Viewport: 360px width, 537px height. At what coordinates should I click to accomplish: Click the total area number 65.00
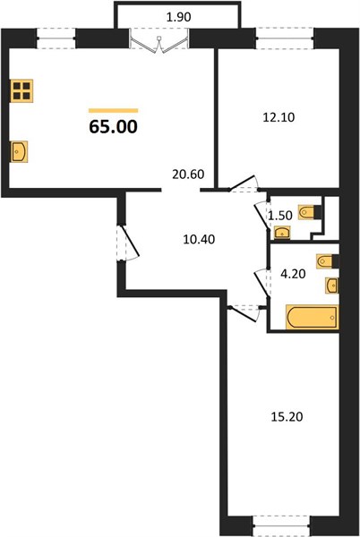coord(114,126)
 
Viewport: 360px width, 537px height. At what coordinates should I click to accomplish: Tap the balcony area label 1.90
coord(178,17)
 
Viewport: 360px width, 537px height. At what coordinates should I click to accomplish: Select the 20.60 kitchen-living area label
coord(188,175)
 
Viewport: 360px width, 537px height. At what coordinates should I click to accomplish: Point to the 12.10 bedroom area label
coord(279,117)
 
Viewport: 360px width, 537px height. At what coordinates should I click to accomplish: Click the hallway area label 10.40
coord(199,239)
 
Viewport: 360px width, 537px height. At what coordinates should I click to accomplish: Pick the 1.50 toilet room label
coord(280,216)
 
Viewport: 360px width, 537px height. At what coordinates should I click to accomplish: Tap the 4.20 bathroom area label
coord(293,274)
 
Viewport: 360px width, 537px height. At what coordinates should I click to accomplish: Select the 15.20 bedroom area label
coord(287,417)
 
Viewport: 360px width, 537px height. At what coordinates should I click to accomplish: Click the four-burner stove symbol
coord(21,90)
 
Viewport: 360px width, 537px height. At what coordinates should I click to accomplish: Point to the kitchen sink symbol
coord(19,151)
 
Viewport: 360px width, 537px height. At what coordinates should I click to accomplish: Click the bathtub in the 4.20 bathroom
coord(312,317)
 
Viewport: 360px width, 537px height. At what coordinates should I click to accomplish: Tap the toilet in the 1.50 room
coord(310,212)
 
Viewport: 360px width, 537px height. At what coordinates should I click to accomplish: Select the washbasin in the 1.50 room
coord(282,233)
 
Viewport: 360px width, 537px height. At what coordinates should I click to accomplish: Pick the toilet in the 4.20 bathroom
coord(328,261)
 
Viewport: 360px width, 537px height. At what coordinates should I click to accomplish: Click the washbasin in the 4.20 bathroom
coord(332,285)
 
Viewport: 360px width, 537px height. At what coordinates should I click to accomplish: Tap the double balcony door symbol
coord(159,42)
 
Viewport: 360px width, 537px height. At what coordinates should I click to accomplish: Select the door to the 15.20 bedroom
coord(244,313)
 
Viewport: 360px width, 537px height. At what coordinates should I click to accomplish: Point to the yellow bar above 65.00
coord(114,111)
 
